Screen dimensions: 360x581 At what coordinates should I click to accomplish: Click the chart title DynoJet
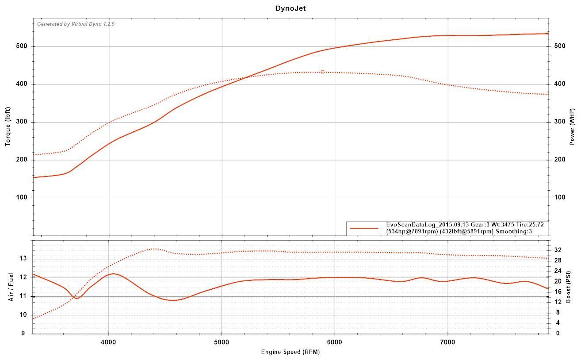[x=290, y=8]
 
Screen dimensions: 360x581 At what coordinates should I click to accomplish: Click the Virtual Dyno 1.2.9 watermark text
[x=76, y=24]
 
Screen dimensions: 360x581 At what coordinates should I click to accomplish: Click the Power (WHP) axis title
[x=572, y=127]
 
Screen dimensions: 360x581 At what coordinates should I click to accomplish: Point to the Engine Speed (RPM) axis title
[x=290, y=352]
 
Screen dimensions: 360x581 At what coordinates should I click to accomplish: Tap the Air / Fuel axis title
[x=11, y=287]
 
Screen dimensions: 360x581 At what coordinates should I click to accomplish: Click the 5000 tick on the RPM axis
[x=222, y=341]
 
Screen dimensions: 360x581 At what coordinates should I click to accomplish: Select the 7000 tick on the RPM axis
[x=448, y=341]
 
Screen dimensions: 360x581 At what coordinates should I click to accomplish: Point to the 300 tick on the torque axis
[x=22, y=122]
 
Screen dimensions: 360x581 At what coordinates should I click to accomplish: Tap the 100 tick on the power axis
[x=560, y=198]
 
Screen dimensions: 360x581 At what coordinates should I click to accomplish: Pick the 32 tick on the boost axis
[x=558, y=250]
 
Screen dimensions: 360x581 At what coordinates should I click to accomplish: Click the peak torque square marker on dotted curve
[x=322, y=72]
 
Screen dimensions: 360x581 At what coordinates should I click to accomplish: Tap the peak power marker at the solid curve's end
[x=547, y=33]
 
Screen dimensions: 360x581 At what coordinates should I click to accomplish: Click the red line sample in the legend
[x=364, y=229]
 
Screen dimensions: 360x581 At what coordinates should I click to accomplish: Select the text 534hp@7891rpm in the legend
[x=412, y=231]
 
